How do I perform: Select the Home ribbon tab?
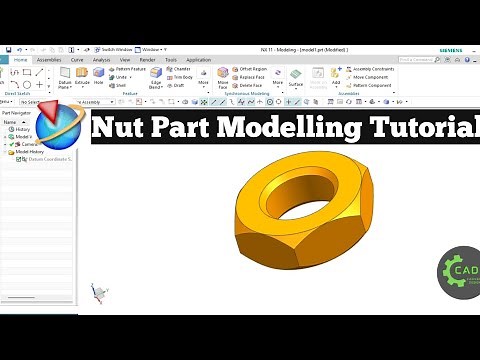pos(21,60)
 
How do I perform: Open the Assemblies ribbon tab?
pos(49,60)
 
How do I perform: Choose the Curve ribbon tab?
pos(77,60)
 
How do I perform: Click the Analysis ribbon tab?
pos(101,60)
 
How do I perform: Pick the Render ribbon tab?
pos(147,60)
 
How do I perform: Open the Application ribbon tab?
pos(198,60)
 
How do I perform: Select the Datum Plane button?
pos(65,78)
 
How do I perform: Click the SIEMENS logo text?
pos(457,48)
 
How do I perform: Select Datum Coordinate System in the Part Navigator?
pos(50,159)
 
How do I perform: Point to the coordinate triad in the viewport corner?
pos(98,291)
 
